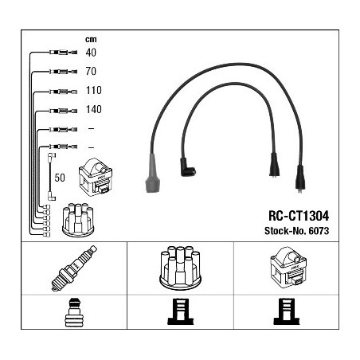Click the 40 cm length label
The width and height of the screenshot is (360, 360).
[x=91, y=53]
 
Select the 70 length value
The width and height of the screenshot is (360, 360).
[x=91, y=71]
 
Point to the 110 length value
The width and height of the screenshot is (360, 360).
[x=94, y=90]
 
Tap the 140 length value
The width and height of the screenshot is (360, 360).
[x=94, y=109]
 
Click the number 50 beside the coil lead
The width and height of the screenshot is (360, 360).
[x=60, y=178]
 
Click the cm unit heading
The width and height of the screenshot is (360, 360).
[x=91, y=40]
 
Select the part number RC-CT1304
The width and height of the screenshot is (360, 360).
[x=299, y=216]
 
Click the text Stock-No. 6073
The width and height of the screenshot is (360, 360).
[x=297, y=231]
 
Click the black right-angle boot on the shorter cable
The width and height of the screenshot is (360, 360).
[x=187, y=167]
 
